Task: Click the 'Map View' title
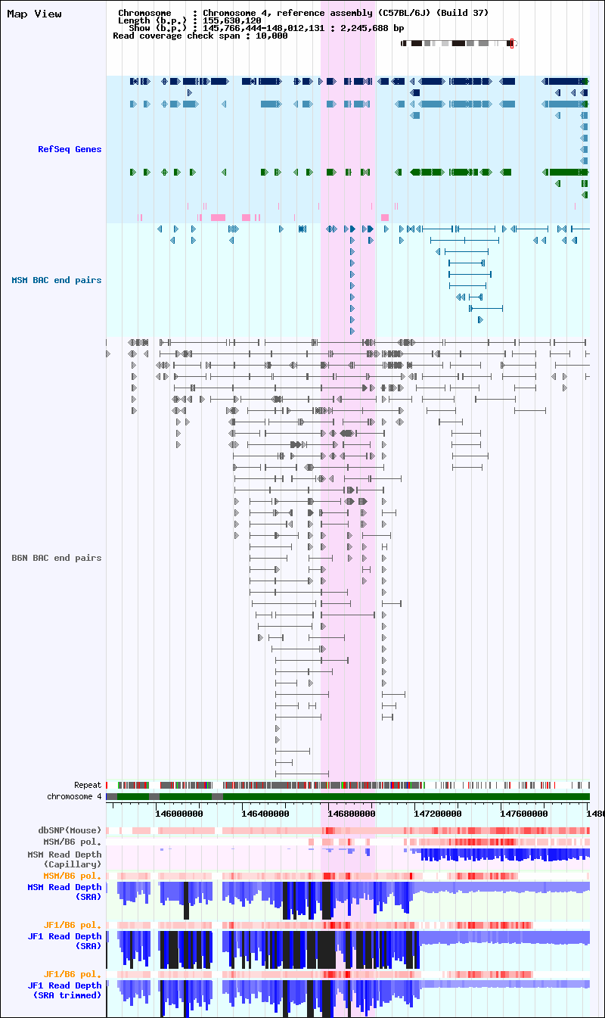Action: (34, 14)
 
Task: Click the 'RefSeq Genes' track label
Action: (70, 149)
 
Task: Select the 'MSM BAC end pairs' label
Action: (56, 280)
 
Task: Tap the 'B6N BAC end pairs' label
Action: (56, 558)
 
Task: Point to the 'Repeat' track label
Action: (88, 785)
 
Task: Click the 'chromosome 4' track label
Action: (74, 796)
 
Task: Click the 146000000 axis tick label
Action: (179, 814)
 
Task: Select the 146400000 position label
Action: (265, 814)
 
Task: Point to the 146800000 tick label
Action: (352, 814)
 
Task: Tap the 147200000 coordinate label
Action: (437, 814)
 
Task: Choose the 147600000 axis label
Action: (523, 814)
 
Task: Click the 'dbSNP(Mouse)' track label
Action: (70, 830)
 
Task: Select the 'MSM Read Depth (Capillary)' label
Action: (64, 859)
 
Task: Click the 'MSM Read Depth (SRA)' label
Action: (64, 892)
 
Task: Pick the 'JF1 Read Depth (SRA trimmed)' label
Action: (64, 990)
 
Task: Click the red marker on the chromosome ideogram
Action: (511, 43)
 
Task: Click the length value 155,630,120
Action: (232, 20)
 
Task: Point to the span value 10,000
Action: (271, 36)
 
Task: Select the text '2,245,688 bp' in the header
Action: (372, 28)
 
